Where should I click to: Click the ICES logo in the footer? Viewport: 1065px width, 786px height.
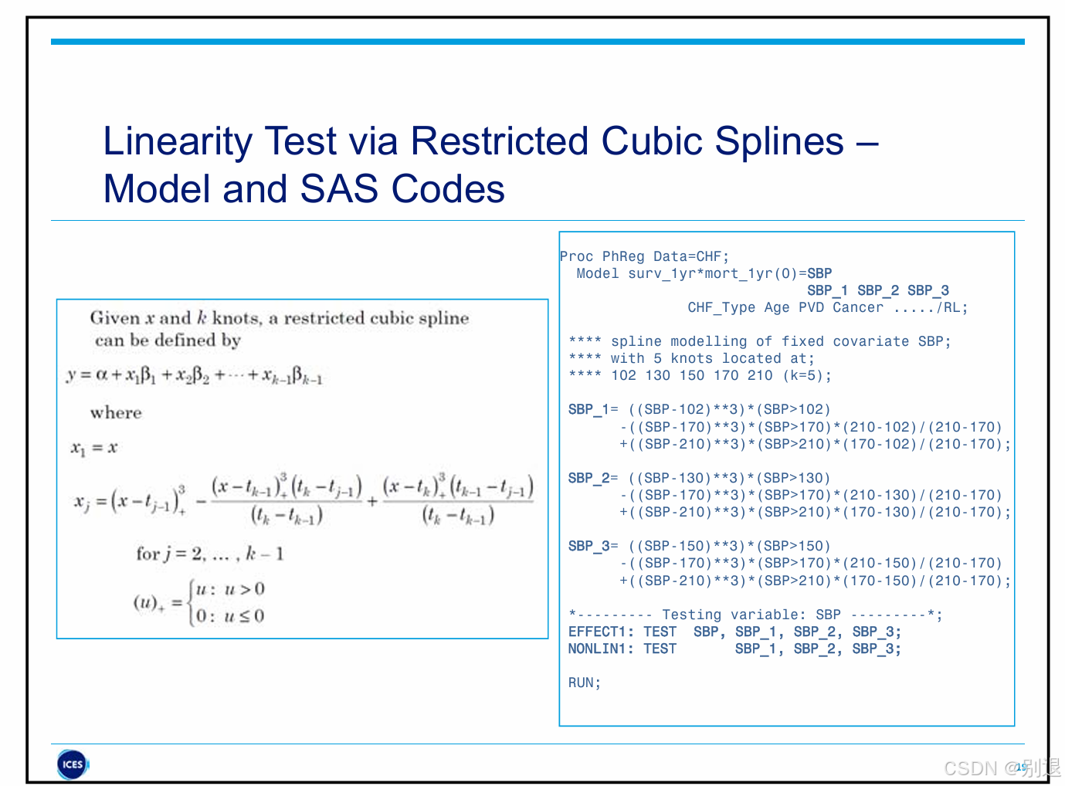click(73, 764)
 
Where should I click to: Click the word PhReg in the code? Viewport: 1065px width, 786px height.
click(623, 256)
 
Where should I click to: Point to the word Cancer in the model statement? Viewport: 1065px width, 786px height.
click(857, 307)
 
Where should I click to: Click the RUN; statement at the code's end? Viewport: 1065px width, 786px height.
click(584, 683)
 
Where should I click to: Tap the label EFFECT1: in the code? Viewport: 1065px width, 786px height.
click(601, 632)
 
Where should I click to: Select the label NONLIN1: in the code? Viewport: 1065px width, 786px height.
click(601, 649)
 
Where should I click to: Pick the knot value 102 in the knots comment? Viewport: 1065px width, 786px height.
click(623, 375)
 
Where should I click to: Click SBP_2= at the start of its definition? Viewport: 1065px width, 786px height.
click(592, 478)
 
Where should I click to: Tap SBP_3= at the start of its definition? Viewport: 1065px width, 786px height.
click(592, 546)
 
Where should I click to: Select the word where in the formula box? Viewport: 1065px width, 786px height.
click(116, 412)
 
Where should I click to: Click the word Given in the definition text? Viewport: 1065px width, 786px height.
click(114, 317)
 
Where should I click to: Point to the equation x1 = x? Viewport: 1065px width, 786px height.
click(93, 448)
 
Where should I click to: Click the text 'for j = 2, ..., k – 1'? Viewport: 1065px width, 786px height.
click(209, 554)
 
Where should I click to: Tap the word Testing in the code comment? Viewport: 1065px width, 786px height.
click(691, 615)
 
